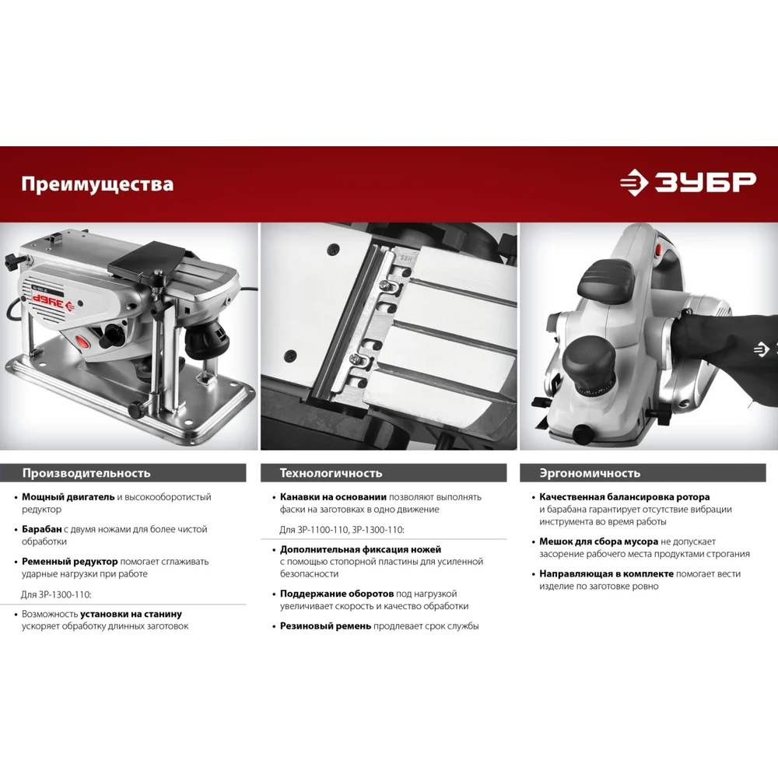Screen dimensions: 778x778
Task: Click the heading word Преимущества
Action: coord(97,184)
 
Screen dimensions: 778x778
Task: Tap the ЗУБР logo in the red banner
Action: coord(688,182)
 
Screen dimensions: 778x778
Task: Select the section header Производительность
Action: coord(86,473)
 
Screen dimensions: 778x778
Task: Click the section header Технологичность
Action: coord(331,473)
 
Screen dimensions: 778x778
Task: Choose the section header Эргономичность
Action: coord(590,473)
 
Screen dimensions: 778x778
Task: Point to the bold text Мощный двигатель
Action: coord(68,497)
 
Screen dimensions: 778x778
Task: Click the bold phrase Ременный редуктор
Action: coord(70,562)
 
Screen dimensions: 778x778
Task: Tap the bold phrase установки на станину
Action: coord(131,615)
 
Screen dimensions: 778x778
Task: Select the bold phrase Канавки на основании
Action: coord(333,497)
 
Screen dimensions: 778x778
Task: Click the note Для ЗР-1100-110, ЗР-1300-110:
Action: coord(342,530)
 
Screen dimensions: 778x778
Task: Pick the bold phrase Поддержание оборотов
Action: coord(337,594)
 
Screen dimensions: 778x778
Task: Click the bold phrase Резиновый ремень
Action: coord(325,626)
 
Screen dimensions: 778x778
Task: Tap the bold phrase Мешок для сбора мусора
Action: coord(598,541)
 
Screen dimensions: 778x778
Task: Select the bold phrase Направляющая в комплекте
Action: coord(606,574)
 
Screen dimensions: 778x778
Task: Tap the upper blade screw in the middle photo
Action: coord(384,284)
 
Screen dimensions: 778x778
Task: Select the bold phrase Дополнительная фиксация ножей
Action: coord(360,550)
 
